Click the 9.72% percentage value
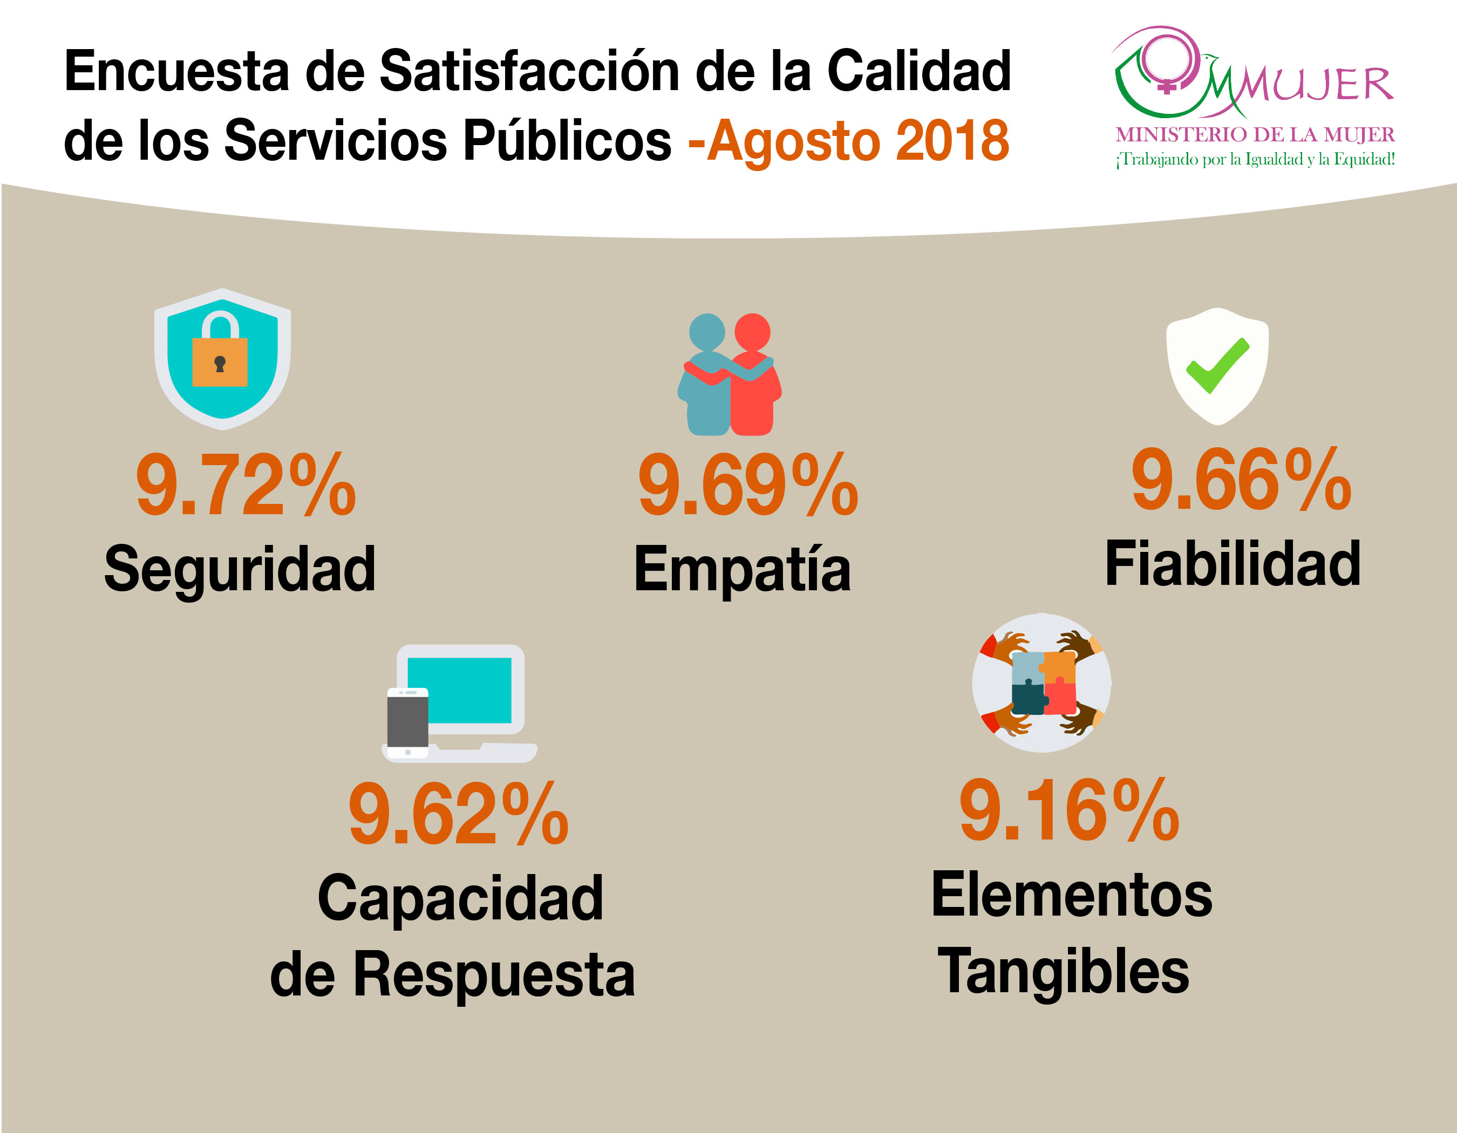click(246, 485)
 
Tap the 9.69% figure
click(748, 485)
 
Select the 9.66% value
click(1241, 480)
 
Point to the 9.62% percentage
click(458, 814)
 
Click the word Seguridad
click(240, 569)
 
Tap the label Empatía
click(743, 569)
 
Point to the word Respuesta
click(494, 975)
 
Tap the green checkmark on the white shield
click(1217, 365)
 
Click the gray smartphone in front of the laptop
click(407, 723)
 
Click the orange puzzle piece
click(1059, 667)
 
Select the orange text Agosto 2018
click(857, 141)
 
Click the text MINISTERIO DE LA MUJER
click(1255, 135)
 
